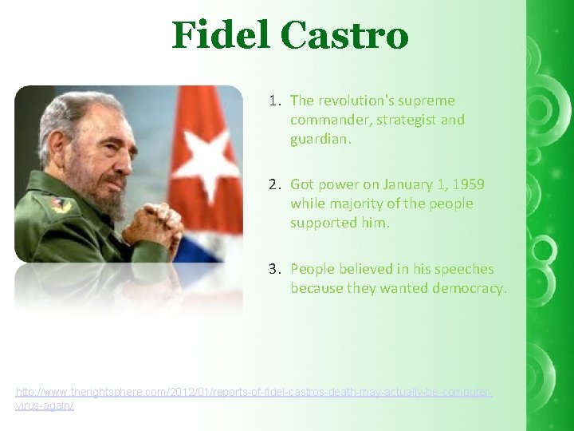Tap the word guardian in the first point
[x=320, y=139]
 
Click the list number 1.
[x=273, y=101]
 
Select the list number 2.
[x=273, y=184]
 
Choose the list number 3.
[x=273, y=269]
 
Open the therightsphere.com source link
[x=254, y=393]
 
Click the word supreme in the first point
[x=427, y=101]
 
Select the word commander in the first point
[x=325, y=120]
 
